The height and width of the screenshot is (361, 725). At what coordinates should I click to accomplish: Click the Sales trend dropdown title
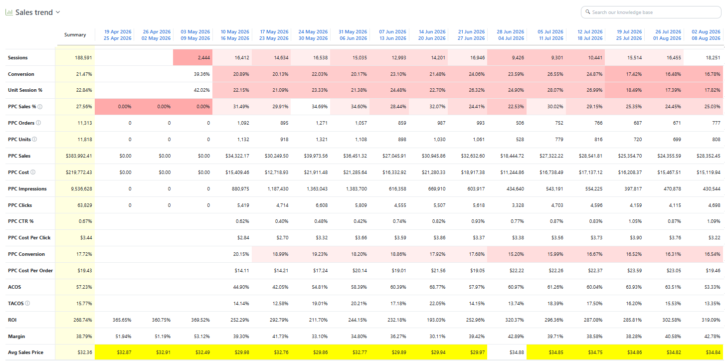[34, 12]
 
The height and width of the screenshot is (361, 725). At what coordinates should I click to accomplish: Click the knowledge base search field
[651, 12]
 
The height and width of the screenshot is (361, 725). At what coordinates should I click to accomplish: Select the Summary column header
[75, 34]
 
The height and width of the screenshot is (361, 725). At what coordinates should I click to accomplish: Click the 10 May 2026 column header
[235, 35]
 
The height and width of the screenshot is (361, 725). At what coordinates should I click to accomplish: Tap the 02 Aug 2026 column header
[706, 35]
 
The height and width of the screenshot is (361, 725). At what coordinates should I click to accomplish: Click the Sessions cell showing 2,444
[193, 58]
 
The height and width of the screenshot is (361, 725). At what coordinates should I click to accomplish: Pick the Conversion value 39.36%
[201, 74]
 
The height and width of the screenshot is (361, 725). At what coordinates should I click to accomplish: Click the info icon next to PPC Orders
[38, 123]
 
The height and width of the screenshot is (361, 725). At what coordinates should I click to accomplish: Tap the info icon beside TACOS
[27, 303]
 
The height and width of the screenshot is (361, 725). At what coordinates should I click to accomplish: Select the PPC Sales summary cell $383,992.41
[79, 156]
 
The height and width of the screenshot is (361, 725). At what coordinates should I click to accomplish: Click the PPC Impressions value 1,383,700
[357, 189]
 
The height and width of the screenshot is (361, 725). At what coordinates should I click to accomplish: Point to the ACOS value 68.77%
[437, 287]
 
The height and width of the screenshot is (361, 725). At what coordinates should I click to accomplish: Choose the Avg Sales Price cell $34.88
[516, 352]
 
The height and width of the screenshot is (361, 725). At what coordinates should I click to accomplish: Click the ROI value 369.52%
[200, 320]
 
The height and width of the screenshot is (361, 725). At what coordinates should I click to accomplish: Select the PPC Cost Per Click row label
[29, 238]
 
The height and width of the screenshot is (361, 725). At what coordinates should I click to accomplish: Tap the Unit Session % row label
[25, 90]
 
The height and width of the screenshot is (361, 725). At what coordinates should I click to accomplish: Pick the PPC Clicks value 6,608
[322, 205]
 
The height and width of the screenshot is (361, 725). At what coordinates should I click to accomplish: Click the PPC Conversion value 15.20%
[516, 254]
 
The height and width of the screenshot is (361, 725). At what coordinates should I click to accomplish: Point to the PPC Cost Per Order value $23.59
[634, 271]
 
